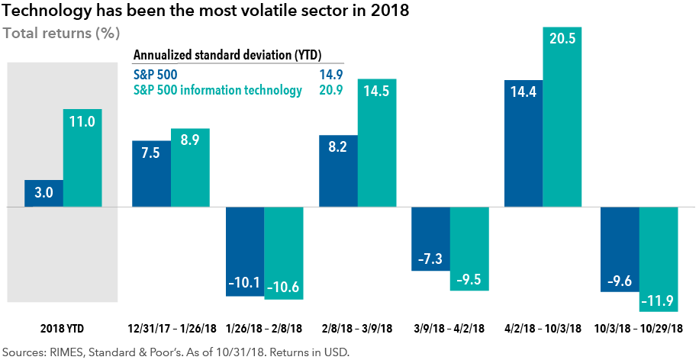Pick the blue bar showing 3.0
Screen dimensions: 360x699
pos(43,194)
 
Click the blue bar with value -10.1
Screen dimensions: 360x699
pos(244,251)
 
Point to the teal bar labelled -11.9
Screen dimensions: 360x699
pos(659,259)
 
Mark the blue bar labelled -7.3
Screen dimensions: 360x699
pos(431,240)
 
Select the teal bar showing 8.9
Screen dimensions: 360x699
pos(190,168)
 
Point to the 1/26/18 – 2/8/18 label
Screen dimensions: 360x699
pos(264,329)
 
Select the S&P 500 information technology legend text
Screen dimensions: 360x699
pos(217,91)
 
